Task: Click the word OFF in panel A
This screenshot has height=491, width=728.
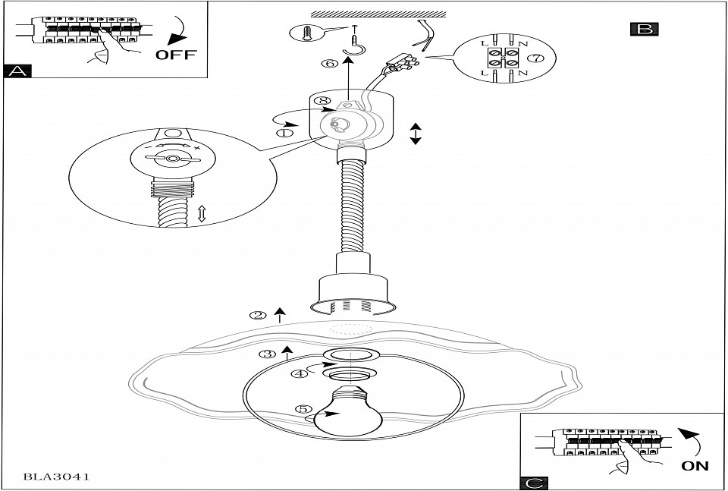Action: pos(175,54)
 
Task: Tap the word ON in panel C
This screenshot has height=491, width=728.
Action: pos(695,465)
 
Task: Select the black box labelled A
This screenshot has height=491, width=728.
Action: pos(17,71)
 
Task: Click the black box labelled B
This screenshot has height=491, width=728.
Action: pos(644,30)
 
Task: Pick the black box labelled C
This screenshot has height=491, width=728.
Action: pos(534,483)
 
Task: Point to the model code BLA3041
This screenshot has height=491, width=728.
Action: pos(57,477)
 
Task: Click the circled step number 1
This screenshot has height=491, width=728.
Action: pos(285,132)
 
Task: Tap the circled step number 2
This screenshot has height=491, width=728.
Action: pos(259,315)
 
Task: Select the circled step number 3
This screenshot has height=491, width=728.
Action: pos(267,354)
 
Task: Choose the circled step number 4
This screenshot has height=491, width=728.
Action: pos(301,373)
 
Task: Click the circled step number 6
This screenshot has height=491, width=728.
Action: pos(329,64)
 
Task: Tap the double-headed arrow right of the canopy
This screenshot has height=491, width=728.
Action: pos(416,134)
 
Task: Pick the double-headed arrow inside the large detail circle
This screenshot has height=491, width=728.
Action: pos(202,215)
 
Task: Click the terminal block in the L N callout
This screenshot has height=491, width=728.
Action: pos(501,58)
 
